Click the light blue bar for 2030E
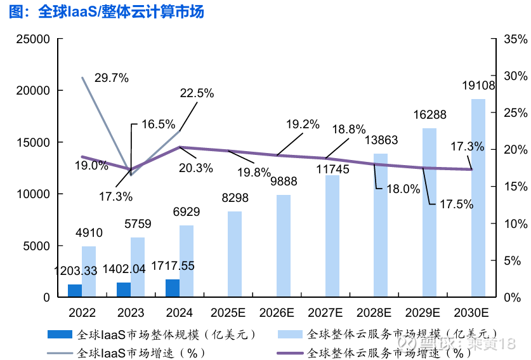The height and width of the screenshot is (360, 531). [x=478, y=198]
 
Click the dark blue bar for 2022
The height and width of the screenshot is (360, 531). [x=75, y=291]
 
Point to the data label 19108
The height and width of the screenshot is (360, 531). [x=478, y=86]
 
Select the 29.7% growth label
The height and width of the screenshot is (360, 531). [x=112, y=78]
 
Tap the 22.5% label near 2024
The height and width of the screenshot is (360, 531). [x=197, y=93]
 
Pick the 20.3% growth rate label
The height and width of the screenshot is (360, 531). [x=196, y=168]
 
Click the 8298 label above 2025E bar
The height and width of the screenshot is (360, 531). [x=235, y=198]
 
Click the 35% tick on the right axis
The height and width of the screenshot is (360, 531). [x=515, y=39]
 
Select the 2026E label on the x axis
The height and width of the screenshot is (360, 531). [x=277, y=313]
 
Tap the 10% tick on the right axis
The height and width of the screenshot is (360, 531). [x=515, y=223]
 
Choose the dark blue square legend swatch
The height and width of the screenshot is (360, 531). [x=60, y=333]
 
